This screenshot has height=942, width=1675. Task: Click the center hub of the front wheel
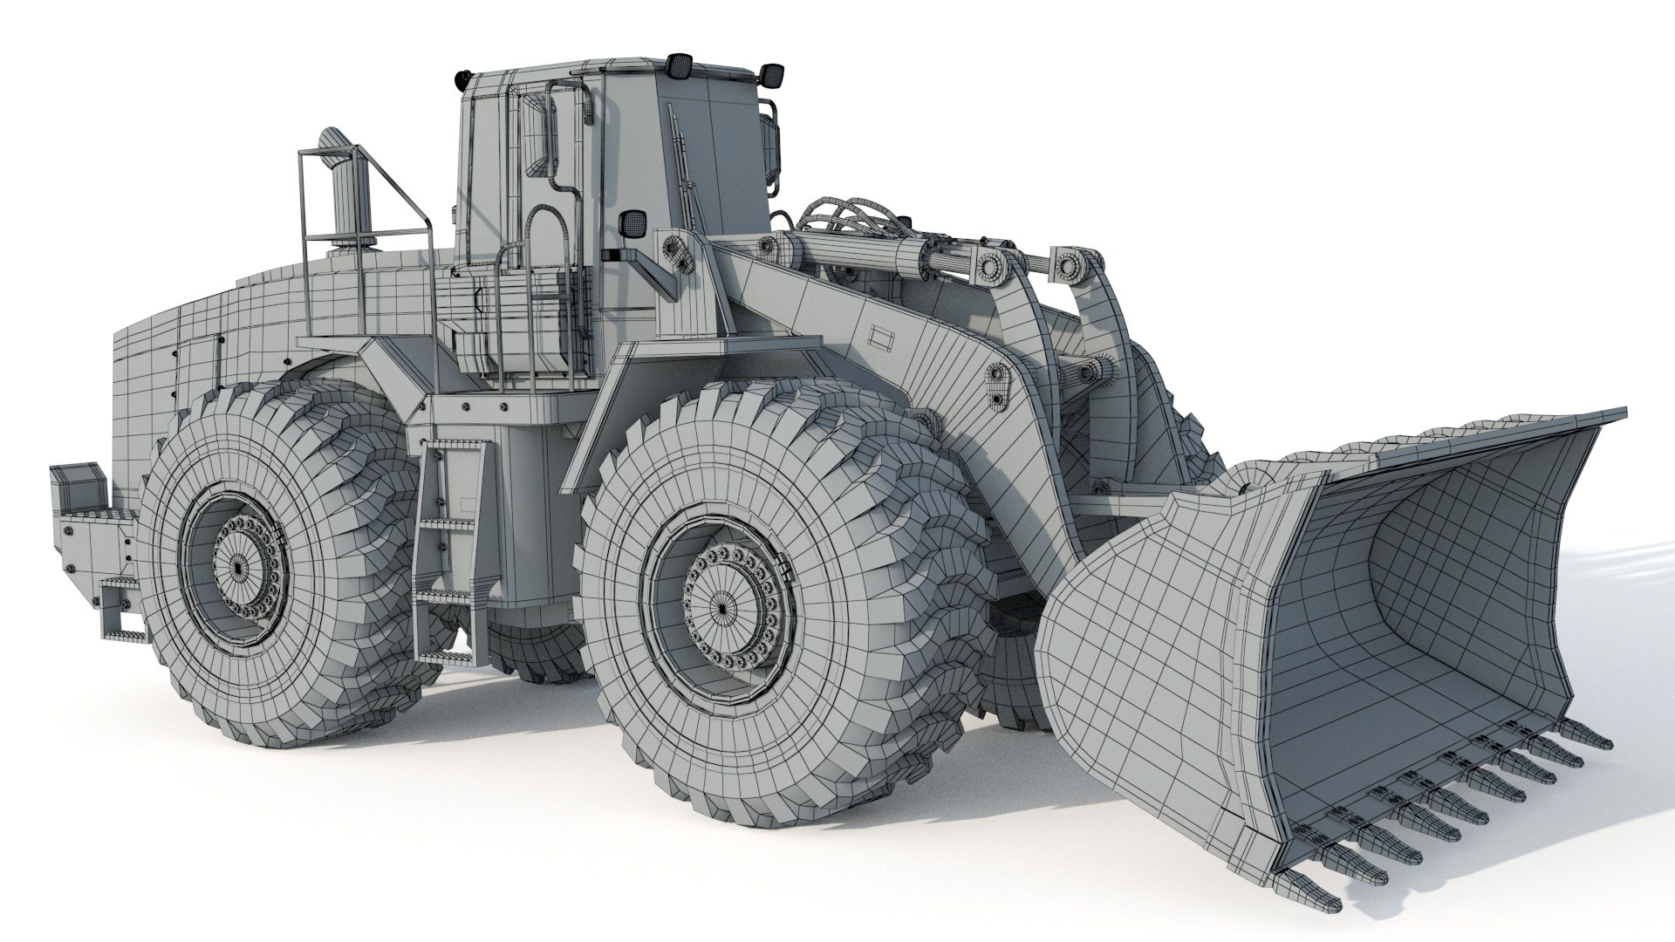tap(722, 605)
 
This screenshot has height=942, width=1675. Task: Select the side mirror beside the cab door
tap(631, 225)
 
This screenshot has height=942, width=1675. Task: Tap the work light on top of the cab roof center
tap(678, 64)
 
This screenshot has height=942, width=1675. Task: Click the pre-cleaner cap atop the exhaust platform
tap(334, 140)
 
